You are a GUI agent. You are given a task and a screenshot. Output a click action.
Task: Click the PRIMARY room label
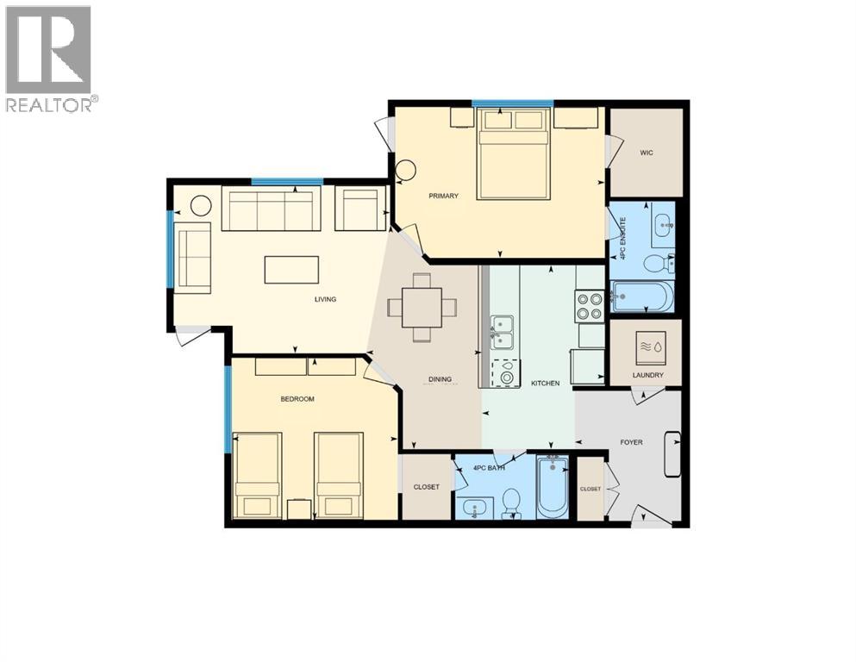(x=444, y=196)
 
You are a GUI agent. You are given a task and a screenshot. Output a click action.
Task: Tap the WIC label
(x=647, y=153)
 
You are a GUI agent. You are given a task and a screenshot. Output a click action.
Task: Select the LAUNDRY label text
(x=647, y=376)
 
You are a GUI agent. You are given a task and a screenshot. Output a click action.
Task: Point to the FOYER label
(x=632, y=442)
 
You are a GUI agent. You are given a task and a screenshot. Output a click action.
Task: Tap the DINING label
(x=440, y=379)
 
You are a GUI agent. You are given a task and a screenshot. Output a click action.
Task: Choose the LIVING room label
(x=325, y=299)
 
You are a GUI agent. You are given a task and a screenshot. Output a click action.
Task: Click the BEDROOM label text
(x=297, y=399)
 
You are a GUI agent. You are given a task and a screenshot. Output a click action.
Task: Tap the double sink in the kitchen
(x=502, y=332)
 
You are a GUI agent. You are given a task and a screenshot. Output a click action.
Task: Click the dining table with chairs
(x=422, y=307)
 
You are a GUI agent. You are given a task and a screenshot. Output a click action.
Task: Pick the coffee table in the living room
(x=291, y=269)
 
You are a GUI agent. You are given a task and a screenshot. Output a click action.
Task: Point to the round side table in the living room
(x=201, y=206)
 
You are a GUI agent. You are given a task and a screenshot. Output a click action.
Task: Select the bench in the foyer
(x=672, y=453)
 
